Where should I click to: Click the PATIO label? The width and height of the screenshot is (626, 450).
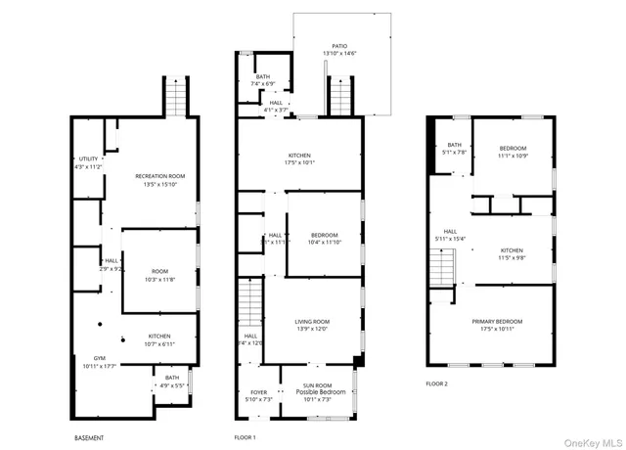pyautogui.click(x=339, y=45)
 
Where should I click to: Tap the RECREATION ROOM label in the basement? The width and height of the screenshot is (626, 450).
pyautogui.click(x=159, y=176)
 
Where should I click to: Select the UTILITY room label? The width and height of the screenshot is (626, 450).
pyautogui.click(x=88, y=159)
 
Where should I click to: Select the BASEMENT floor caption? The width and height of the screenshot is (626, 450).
pyautogui.click(x=89, y=437)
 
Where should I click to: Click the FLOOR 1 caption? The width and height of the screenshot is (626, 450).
pyautogui.click(x=245, y=437)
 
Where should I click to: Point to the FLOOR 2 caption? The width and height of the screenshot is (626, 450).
pyautogui.click(x=436, y=383)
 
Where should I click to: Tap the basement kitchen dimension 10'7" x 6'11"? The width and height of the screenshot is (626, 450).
pyautogui.click(x=159, y=343)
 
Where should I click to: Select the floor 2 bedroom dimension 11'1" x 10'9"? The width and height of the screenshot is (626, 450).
pyautogui.click(x=513, y=156)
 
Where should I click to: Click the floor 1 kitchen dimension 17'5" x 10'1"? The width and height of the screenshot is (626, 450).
pyautogui.click(x=299, y=163)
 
